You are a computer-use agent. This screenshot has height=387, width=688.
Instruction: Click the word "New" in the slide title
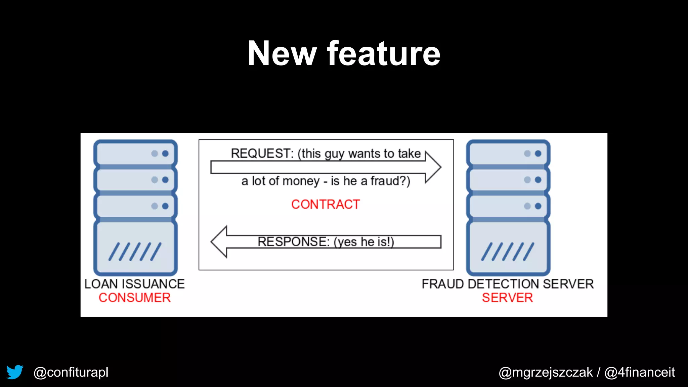point(282,53)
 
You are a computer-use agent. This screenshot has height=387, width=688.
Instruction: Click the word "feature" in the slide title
point(383,53)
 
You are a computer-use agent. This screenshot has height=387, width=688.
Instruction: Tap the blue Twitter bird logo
point(15,372)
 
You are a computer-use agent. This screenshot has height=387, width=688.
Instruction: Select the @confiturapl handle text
point(71,372)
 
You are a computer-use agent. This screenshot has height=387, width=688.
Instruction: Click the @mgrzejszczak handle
point(546,372)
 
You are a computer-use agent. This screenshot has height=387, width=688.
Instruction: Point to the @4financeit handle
point(640,372)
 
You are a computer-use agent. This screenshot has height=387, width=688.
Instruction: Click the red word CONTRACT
point(326,204)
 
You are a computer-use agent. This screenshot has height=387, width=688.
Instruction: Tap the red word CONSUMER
point(135,298)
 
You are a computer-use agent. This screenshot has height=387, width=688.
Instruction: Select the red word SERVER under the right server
point(507,298)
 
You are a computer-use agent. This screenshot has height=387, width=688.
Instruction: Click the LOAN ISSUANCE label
point(134,284)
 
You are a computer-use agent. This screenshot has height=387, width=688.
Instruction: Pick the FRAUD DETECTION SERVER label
point(508,284)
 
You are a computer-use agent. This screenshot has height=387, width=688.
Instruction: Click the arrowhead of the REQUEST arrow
point(433,167)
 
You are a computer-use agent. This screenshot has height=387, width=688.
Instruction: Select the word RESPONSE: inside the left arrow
point(294,242)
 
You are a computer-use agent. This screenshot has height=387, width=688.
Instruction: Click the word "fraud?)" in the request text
point(390,181)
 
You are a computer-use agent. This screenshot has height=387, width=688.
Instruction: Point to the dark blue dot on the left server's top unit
point(165,154)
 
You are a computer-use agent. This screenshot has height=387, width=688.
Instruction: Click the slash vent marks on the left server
point(135,252)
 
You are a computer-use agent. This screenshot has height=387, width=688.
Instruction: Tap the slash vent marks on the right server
point(508,252)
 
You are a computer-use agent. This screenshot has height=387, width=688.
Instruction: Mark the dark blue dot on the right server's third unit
point(538,206)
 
